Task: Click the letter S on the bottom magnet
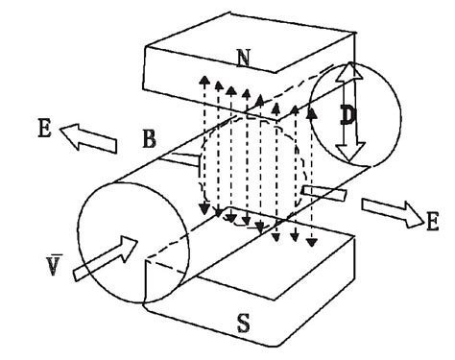point(244,324)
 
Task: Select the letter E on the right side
point(432,223)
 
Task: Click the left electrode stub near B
point(184,156)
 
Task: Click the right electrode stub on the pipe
point(321,194)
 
